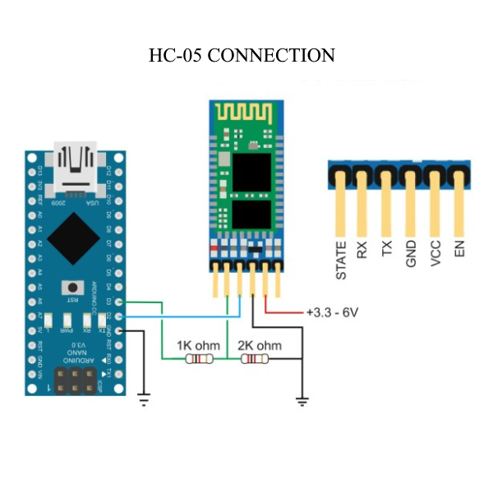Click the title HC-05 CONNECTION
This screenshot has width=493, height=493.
pyautogui.click(x=242, y=56)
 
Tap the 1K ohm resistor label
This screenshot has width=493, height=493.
pyautogui.click(x=198, y=346)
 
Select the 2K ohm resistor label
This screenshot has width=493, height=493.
pyautogui.click(x=258, y=346)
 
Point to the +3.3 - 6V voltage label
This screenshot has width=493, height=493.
pyautogui.click(x=332, y=313)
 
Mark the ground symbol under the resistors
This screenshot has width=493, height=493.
pyautogui.click(x=302, y=401)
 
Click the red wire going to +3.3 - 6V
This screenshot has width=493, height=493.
pyautogui.click(x=283, y=313)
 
